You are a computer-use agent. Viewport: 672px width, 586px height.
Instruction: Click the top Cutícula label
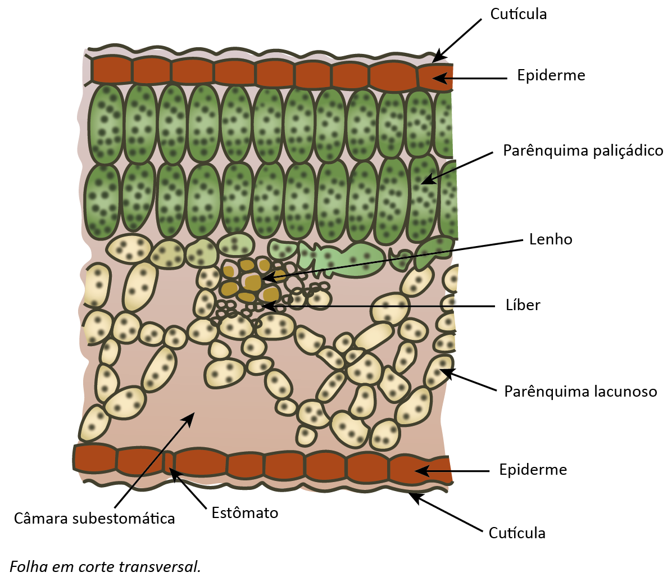pyautogui.click(x=518, y=14)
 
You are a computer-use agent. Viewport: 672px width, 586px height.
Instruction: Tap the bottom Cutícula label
pyautogui.click(x=517, y=533)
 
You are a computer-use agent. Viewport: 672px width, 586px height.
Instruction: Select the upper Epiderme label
pyautogui.click(x=551, y=75)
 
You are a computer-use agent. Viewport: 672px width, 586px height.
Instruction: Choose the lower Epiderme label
pyautogui.click(x=533, y=469)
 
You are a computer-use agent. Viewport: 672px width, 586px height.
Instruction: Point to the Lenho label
pyautogui.click(x=551, y=239)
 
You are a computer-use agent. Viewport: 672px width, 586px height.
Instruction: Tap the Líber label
pyautogui.click(x=523, y=305)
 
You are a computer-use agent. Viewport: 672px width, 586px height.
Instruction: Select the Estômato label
pyautogui.click(x=245, y=513)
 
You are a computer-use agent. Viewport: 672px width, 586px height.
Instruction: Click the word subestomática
pyautogui.click(x=124, y=519)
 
